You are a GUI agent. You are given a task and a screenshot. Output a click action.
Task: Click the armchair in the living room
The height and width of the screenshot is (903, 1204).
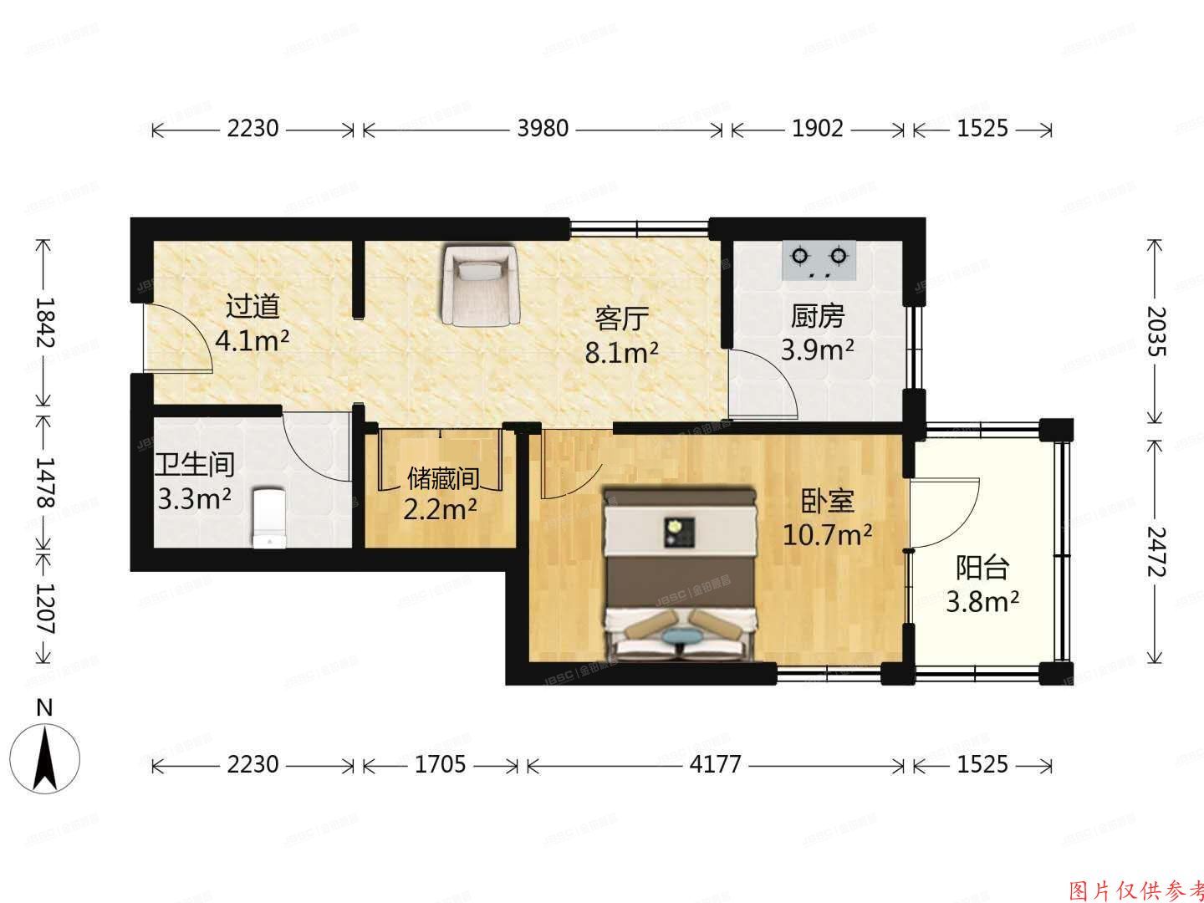(480, 285)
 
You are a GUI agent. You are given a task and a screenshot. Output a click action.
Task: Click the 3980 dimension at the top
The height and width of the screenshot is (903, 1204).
(543, 129)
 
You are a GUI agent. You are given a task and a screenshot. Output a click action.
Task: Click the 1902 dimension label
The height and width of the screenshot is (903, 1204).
(817, 129)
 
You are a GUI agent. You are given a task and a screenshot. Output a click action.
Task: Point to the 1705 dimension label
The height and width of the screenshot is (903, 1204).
(440, 764)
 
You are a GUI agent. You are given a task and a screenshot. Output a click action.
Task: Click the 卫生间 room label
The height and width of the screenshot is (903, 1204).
(195, 463)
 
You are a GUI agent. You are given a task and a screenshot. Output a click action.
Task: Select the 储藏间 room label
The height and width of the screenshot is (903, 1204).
(442, 478)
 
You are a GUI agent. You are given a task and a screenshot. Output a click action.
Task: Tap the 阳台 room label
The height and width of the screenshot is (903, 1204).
(982, 569)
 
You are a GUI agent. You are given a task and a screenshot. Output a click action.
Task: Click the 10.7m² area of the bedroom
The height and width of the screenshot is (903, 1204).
(828, 534)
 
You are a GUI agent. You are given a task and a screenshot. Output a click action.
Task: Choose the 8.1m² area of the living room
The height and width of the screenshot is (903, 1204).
(621, 352)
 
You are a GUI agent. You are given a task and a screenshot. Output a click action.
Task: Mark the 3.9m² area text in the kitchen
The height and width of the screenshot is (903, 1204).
(817, 349)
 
